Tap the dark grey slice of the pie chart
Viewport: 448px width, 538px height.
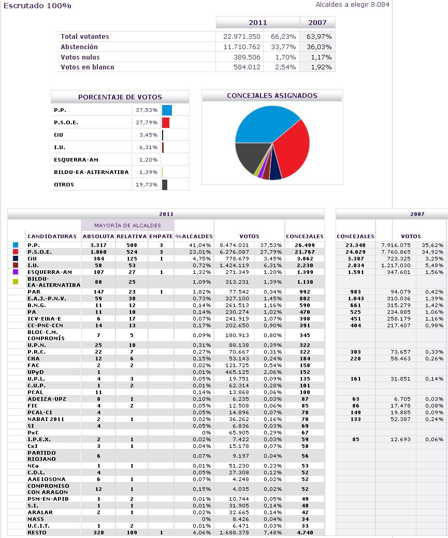250,158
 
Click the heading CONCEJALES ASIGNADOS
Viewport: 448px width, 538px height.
272,96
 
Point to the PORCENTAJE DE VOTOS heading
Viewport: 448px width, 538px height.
120,97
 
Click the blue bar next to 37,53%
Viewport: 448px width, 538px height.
167,110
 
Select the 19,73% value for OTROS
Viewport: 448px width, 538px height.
147,184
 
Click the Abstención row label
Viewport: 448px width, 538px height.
79,47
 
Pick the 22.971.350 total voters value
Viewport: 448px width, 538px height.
242,37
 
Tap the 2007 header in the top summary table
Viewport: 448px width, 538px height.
317,23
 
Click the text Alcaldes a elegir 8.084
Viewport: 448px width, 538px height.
352,5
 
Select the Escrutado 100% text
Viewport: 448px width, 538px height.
37,6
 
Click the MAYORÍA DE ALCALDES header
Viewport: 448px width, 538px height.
127,225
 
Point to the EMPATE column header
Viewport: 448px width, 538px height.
161,236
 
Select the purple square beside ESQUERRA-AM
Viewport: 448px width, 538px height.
16,272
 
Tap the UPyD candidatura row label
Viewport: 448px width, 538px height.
36,372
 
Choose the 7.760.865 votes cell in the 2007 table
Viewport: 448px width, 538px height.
396,252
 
